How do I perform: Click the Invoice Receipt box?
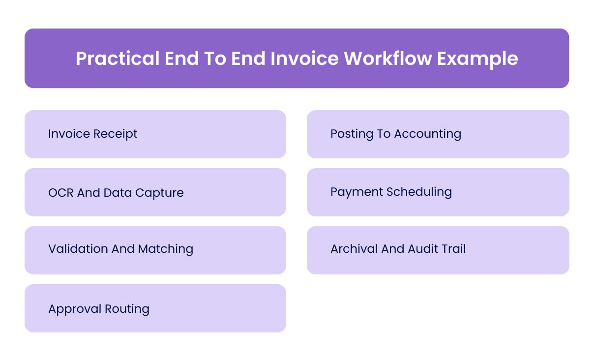pos(155,134)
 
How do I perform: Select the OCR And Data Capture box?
pos(155,192)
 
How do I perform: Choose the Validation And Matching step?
pos(155,250)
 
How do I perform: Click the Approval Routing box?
pos(155,308)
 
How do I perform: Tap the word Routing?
pos(127,309)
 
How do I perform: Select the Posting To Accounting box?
pos(438,134)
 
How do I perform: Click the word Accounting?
pos(427,134)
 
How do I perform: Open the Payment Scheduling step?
pos(438,192)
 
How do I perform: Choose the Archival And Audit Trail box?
pos(438,250)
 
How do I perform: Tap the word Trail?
pos(454,249)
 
